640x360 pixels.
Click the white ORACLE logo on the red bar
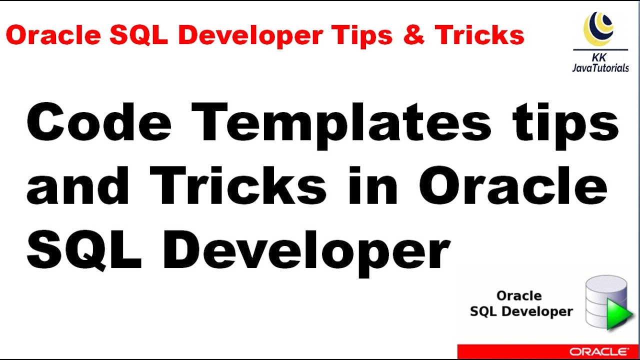click(598, 351)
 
